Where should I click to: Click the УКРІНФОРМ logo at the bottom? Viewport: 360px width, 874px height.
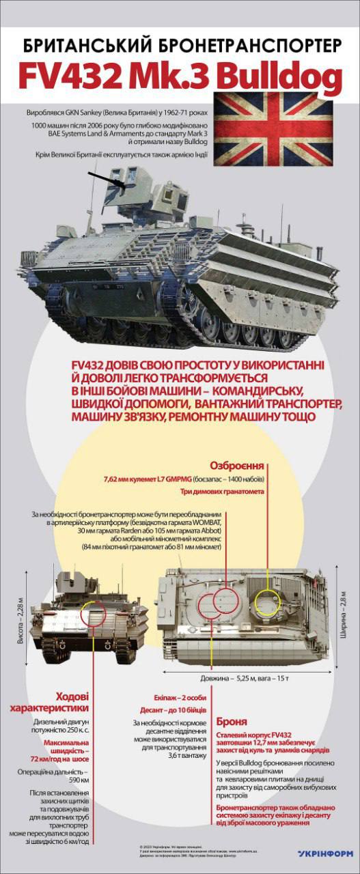click(325, 853)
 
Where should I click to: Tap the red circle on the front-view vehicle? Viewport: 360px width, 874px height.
click(94, 615)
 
